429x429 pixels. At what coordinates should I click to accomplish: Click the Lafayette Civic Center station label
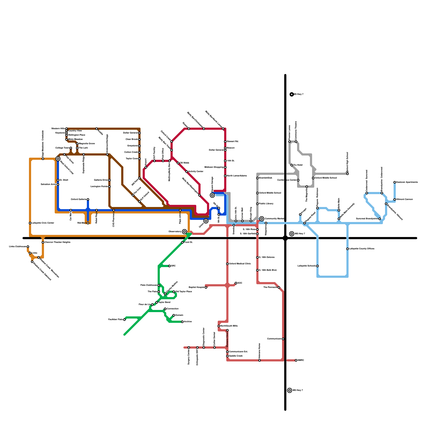coord(43,223)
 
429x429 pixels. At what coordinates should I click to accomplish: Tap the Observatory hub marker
coord(184,232)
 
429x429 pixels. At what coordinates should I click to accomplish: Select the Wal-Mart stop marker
coord(88,223)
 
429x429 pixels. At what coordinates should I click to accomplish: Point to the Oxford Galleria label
coord(78,199)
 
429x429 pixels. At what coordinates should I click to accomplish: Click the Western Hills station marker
coord(66,129)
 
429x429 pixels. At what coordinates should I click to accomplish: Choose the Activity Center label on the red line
coord(196,172)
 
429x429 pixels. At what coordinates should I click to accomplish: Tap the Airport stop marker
coord(146,167)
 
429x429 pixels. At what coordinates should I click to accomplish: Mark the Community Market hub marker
coord(262,219)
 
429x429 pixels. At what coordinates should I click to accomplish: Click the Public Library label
coord(266,204)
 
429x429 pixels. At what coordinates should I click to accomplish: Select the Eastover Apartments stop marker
coord(395,182)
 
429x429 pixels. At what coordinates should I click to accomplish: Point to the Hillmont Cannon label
coord(405,199)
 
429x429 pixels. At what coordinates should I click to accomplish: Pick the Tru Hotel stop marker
coord(292,165)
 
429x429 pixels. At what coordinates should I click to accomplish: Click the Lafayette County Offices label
coord(361,249)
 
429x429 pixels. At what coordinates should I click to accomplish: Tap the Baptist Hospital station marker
coord(206,287)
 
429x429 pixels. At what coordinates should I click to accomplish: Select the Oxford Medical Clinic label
coord(240,264)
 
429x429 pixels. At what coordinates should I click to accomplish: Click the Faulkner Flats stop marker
coord(124,320)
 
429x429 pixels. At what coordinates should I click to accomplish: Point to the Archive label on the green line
coord(188,322)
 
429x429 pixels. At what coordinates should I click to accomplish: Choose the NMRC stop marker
coord(296,360)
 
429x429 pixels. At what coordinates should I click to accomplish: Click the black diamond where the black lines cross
coord(285,238)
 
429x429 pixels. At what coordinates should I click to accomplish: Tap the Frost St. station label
coord(188,242)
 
